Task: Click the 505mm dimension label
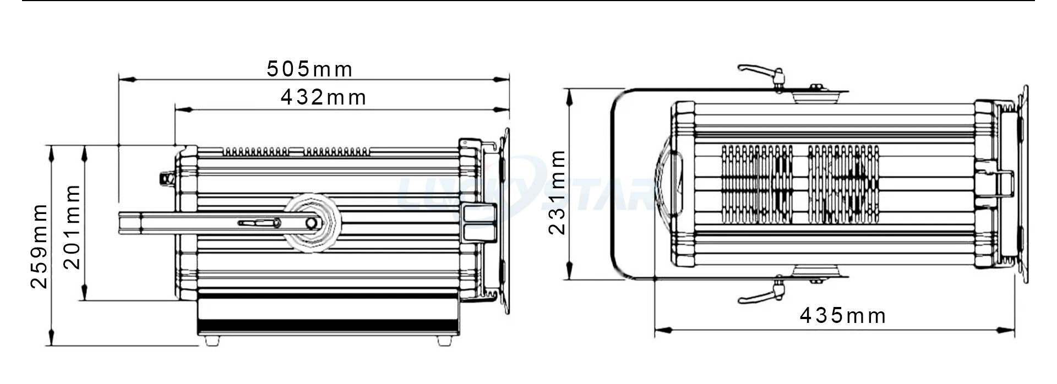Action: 309,69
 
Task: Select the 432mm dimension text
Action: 323,97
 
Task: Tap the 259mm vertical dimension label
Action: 39,245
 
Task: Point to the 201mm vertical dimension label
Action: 72,227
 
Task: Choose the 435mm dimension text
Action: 843,316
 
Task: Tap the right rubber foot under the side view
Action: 444,341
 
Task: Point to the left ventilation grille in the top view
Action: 756,184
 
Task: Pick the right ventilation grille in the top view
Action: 843,184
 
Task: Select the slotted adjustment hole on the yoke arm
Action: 259,223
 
